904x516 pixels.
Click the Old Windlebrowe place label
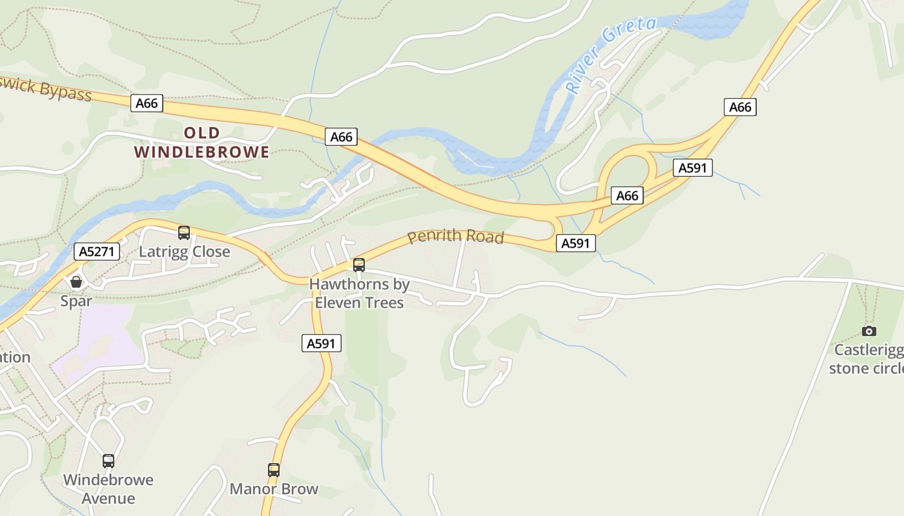(x=201, y=143)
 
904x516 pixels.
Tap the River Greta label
(x=610, y=56)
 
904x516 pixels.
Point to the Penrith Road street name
(x=455, y=236)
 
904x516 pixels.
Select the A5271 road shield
(x=98, y=252)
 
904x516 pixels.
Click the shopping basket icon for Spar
(x=76, y=282)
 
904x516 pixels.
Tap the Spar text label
(x=76, y=301)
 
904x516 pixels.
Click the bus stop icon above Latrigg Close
(x=184, y=233)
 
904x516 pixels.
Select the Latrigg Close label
(x=185, y=252)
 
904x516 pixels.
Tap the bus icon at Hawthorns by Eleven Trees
(x=359, y=264)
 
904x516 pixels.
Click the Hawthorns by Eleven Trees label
(x=359, y=293)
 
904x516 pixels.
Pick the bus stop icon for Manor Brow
(x=274, y=470)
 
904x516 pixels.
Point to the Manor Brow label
(x=274, y=489)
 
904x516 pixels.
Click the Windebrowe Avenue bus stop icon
(x=108, y=461)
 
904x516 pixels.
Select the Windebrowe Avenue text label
(x=108, y=489)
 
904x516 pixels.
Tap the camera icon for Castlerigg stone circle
(x=869, y=331)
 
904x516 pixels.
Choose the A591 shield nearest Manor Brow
(x=322, y=344)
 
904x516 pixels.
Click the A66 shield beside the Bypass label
(x=147, y=103)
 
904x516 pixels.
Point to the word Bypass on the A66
(x=65, y=92)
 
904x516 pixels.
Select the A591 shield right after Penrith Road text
(x=575, y=243)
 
